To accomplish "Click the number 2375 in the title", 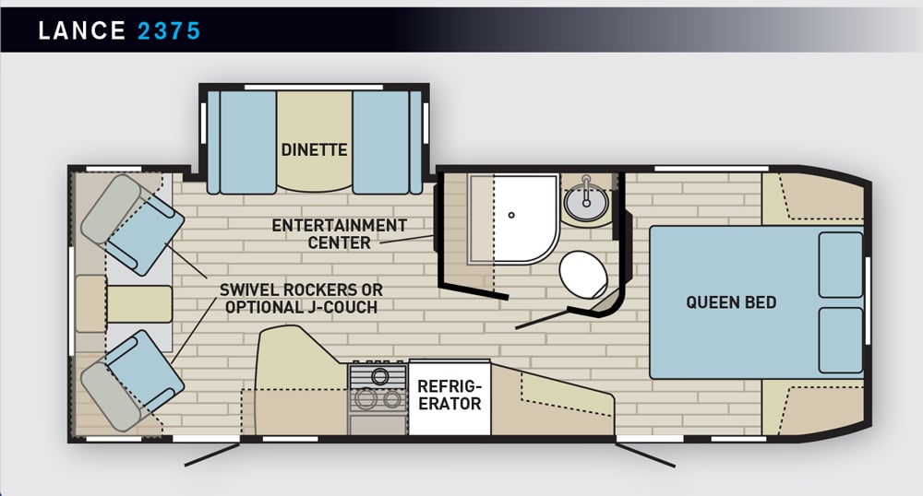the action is (x=169, y=30).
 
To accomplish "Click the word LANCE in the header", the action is (x=82, y=30).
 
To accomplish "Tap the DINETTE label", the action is (x=314, y=150).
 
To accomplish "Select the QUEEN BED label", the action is (x=730, y=302).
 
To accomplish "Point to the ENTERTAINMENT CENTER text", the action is (x=339, y=234).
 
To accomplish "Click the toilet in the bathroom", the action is (x=582, y=275).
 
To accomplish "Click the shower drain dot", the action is (x=511, y=215).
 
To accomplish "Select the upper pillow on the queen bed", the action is (x=841, y=265).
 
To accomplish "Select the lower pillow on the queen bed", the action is (x=841, y=340).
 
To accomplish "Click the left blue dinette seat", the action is (x=242, y=142).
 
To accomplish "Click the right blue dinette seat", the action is (x=388, y=142).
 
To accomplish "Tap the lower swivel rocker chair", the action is (x=133, y=380).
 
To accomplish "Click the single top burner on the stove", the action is (x=379, y=375).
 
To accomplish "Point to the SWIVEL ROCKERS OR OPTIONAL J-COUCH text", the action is (x=301, y=299).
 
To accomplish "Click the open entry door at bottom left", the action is (x=212, y=455).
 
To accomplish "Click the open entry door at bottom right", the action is (x=645, y=455).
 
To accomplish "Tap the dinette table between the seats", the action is (x=315, y=141).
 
